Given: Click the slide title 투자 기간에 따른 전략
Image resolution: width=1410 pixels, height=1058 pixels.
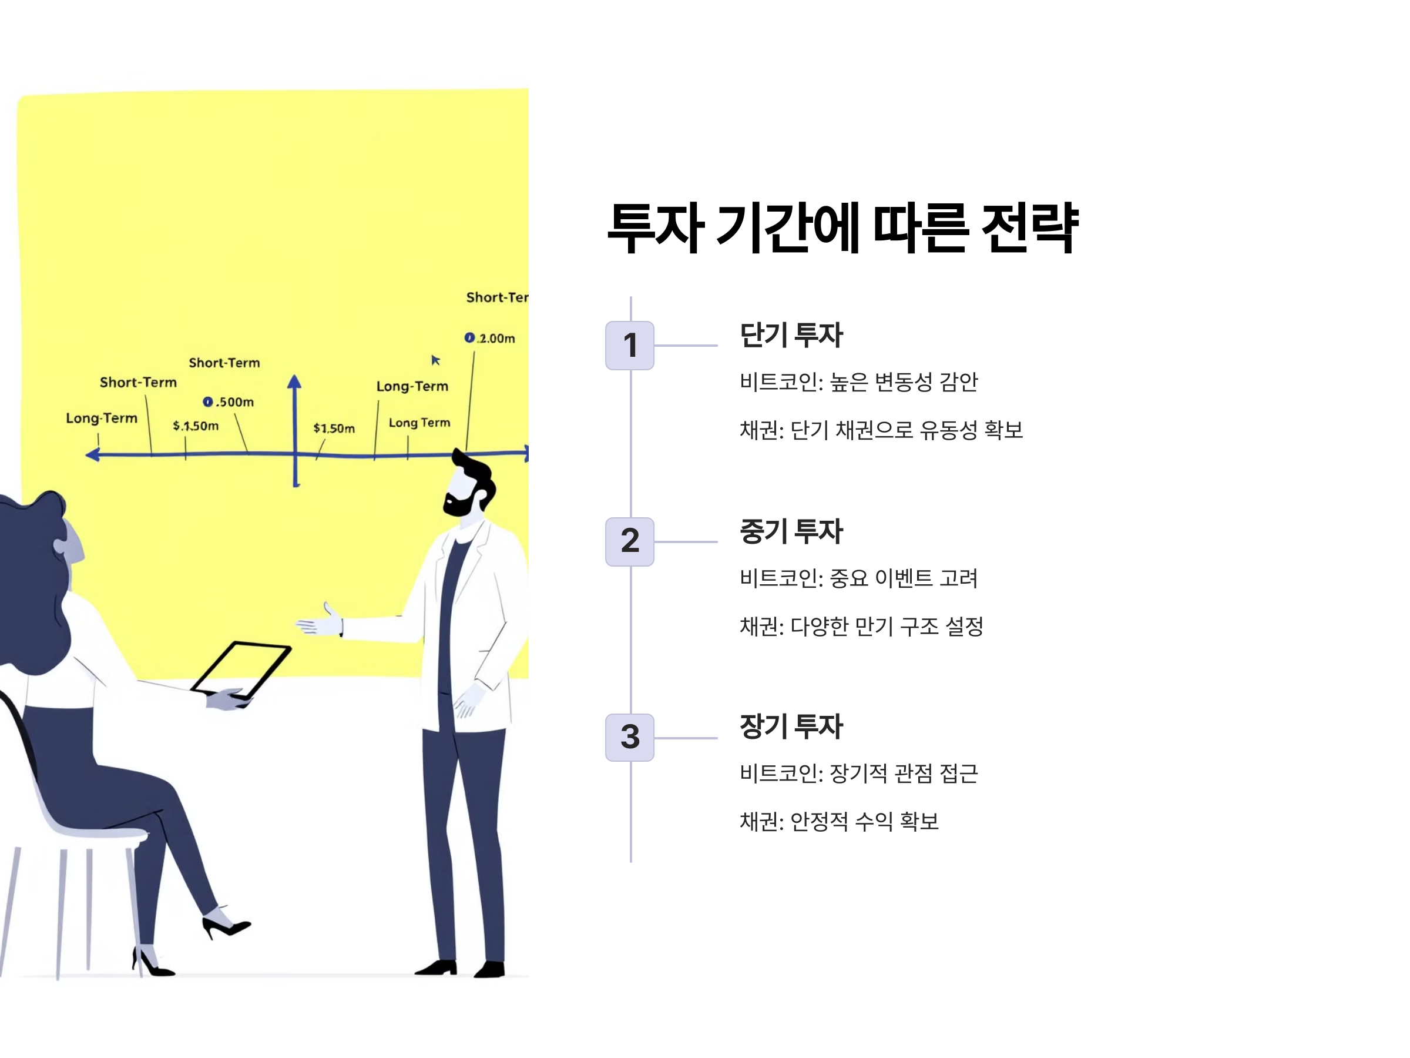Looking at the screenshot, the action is (x=842, y=227).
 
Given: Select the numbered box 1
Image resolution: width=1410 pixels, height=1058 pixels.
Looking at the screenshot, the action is (x=630, y=345).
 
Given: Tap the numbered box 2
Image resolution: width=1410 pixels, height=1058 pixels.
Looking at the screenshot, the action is (x=630, y=541).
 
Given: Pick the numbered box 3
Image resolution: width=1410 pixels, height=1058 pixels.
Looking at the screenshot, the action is (x=630, y=736).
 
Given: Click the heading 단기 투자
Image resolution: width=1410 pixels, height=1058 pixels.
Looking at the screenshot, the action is (x=791, y=335).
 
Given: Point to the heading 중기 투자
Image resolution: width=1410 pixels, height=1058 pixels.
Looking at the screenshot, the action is (x=791, y=531).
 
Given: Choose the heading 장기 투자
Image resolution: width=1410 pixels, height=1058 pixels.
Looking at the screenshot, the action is (x=791, y=726).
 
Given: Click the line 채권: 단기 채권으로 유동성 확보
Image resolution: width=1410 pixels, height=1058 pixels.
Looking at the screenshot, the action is (x=881, y=430).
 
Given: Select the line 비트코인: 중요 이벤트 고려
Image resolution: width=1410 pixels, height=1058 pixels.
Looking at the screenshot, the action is (x=858, y=578).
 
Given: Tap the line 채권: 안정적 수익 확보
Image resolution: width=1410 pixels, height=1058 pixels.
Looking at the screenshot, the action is (x=839, y=821).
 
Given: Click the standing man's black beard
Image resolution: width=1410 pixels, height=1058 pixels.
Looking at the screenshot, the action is (x=460, y=504).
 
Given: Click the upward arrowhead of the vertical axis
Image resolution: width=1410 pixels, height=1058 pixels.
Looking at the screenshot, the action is (x=294, y=381).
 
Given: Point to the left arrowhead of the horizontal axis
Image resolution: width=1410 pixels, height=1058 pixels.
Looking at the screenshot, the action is (x=93, y=454).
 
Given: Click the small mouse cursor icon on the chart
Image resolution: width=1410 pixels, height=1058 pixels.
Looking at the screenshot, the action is (x=435, y=360).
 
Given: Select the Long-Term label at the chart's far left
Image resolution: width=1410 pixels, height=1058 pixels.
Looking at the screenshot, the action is (x=102, y=418).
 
